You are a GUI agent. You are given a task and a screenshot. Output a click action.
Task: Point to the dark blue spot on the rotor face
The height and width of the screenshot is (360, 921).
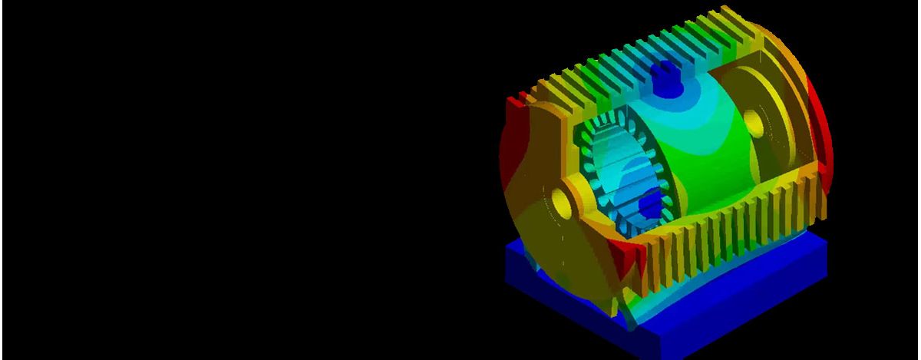[x=649, y=204]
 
